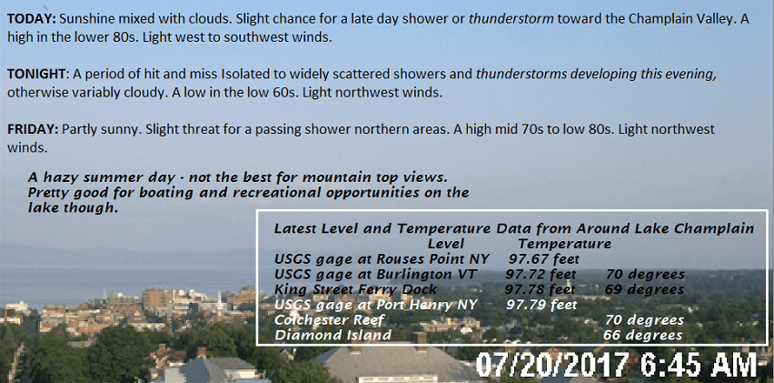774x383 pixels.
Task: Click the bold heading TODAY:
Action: pos(33,20)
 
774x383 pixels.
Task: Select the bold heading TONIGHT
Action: pos(36,75)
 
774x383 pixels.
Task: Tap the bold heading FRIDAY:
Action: pos(33,129)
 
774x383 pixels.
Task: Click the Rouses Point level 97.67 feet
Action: pos(543,259)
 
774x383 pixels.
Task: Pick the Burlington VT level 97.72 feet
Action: pos(541,274)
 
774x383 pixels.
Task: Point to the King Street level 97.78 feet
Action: pos(540,289)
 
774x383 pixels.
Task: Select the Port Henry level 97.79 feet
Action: pos(541,305)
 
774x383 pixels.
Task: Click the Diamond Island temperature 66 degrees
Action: pos(642,336)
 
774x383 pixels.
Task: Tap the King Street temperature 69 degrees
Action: pos(644,289)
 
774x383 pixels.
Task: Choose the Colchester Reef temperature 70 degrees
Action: pos(645,320)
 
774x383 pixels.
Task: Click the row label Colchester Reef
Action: pos(329,320)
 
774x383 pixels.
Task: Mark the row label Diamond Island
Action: pos(332,336)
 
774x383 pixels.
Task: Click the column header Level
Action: pos(446,244)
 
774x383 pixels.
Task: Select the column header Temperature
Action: pos(564,244)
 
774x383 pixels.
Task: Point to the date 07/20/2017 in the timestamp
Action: pos(552,365)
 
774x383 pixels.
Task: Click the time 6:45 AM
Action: pos(699,365)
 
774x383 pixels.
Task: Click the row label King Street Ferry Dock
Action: pos(356,289)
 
